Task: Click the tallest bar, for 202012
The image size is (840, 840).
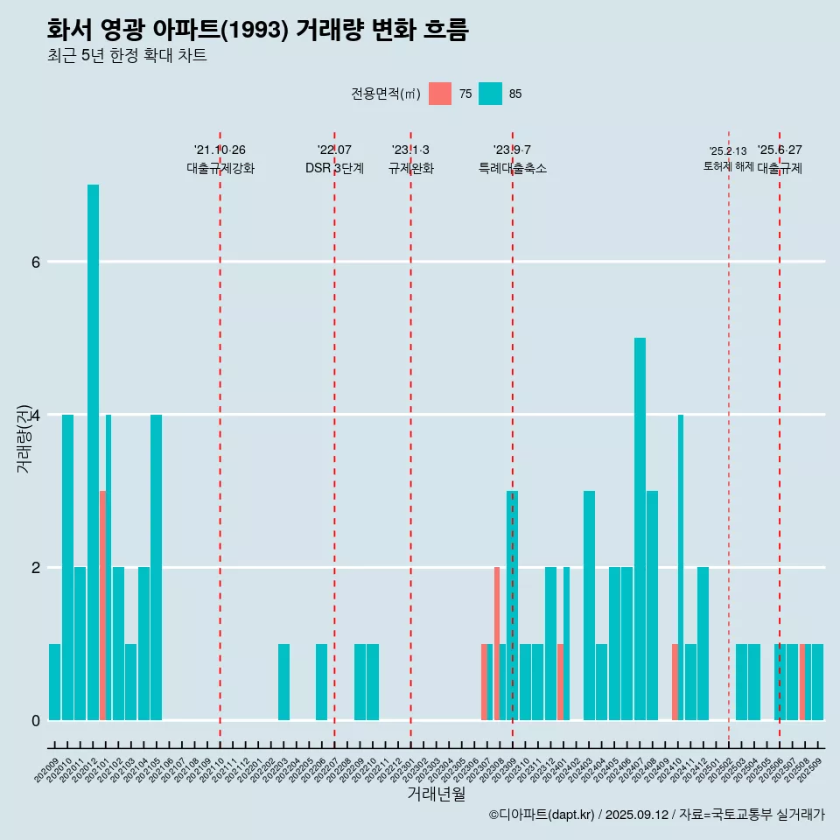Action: [x=93, y=451]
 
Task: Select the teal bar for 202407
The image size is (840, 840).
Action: [x=640, y=528]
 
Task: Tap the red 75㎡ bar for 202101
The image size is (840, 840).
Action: [x=102, y=605]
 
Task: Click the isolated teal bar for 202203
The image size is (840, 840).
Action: [x=283, y=682]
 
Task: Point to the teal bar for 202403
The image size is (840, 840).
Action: [x=589, y=605]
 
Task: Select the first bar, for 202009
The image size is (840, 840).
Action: [x=54, y=682]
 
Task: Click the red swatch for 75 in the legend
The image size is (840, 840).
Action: [x=440, y=94]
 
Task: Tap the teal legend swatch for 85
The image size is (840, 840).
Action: [x=490, y=94]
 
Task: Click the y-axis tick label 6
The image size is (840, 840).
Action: [x=35, y=262]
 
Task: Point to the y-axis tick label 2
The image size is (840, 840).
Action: [x=35, y=567]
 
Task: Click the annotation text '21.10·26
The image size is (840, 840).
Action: [x=220, y=150]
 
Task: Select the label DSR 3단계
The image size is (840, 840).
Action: [x=334, y=168]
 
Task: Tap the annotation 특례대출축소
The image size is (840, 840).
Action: [x=512, y=168]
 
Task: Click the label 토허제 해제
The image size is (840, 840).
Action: [x=728, y=165]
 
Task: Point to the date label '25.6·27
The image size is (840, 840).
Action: [x=780, y=150]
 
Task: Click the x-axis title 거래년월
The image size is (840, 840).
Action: [x=436, y=794]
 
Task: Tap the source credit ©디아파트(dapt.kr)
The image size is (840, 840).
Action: [x=542, y=815]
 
